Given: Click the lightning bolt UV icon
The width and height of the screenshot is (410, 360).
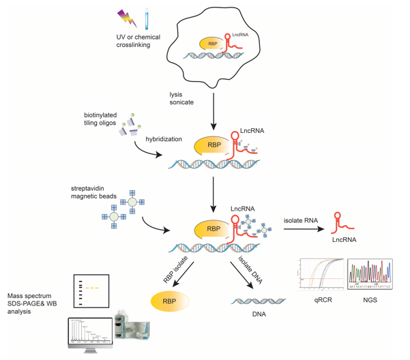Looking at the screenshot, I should click(x=128, y=18).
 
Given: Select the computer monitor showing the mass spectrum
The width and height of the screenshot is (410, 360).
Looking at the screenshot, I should click(x=91, y=331).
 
